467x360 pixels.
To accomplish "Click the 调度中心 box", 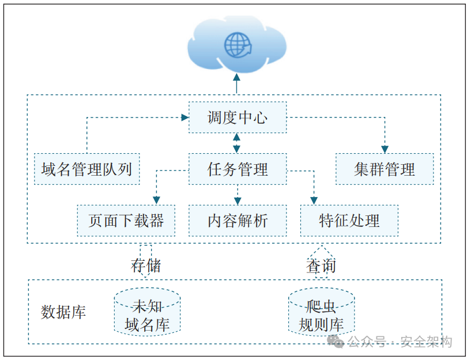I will click(238, 118).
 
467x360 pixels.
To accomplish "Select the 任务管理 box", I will click(238, 169).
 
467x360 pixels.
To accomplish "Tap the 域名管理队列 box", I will click(86, 169).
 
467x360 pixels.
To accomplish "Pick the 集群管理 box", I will click(384, 169).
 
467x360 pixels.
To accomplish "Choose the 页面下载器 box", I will click(126, 220).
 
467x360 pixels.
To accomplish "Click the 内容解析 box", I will click(238, 220).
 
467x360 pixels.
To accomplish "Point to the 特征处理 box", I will click(349, 220).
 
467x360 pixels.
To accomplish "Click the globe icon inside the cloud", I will click(238, 45).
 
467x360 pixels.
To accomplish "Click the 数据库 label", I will click(63, 312).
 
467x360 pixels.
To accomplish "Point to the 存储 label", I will click(146, 266).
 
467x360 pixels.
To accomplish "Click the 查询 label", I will click(321, 266).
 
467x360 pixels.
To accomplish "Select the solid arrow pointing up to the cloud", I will click(237, 83).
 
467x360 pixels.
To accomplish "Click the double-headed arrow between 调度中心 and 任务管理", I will click(237, 143).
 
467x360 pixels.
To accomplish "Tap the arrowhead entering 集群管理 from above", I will click(385, 149).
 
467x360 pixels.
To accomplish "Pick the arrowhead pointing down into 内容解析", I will click(237, 200).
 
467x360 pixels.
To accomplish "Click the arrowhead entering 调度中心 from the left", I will click(185, 118).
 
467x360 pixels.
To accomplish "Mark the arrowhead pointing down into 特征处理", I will click(314, 200).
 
